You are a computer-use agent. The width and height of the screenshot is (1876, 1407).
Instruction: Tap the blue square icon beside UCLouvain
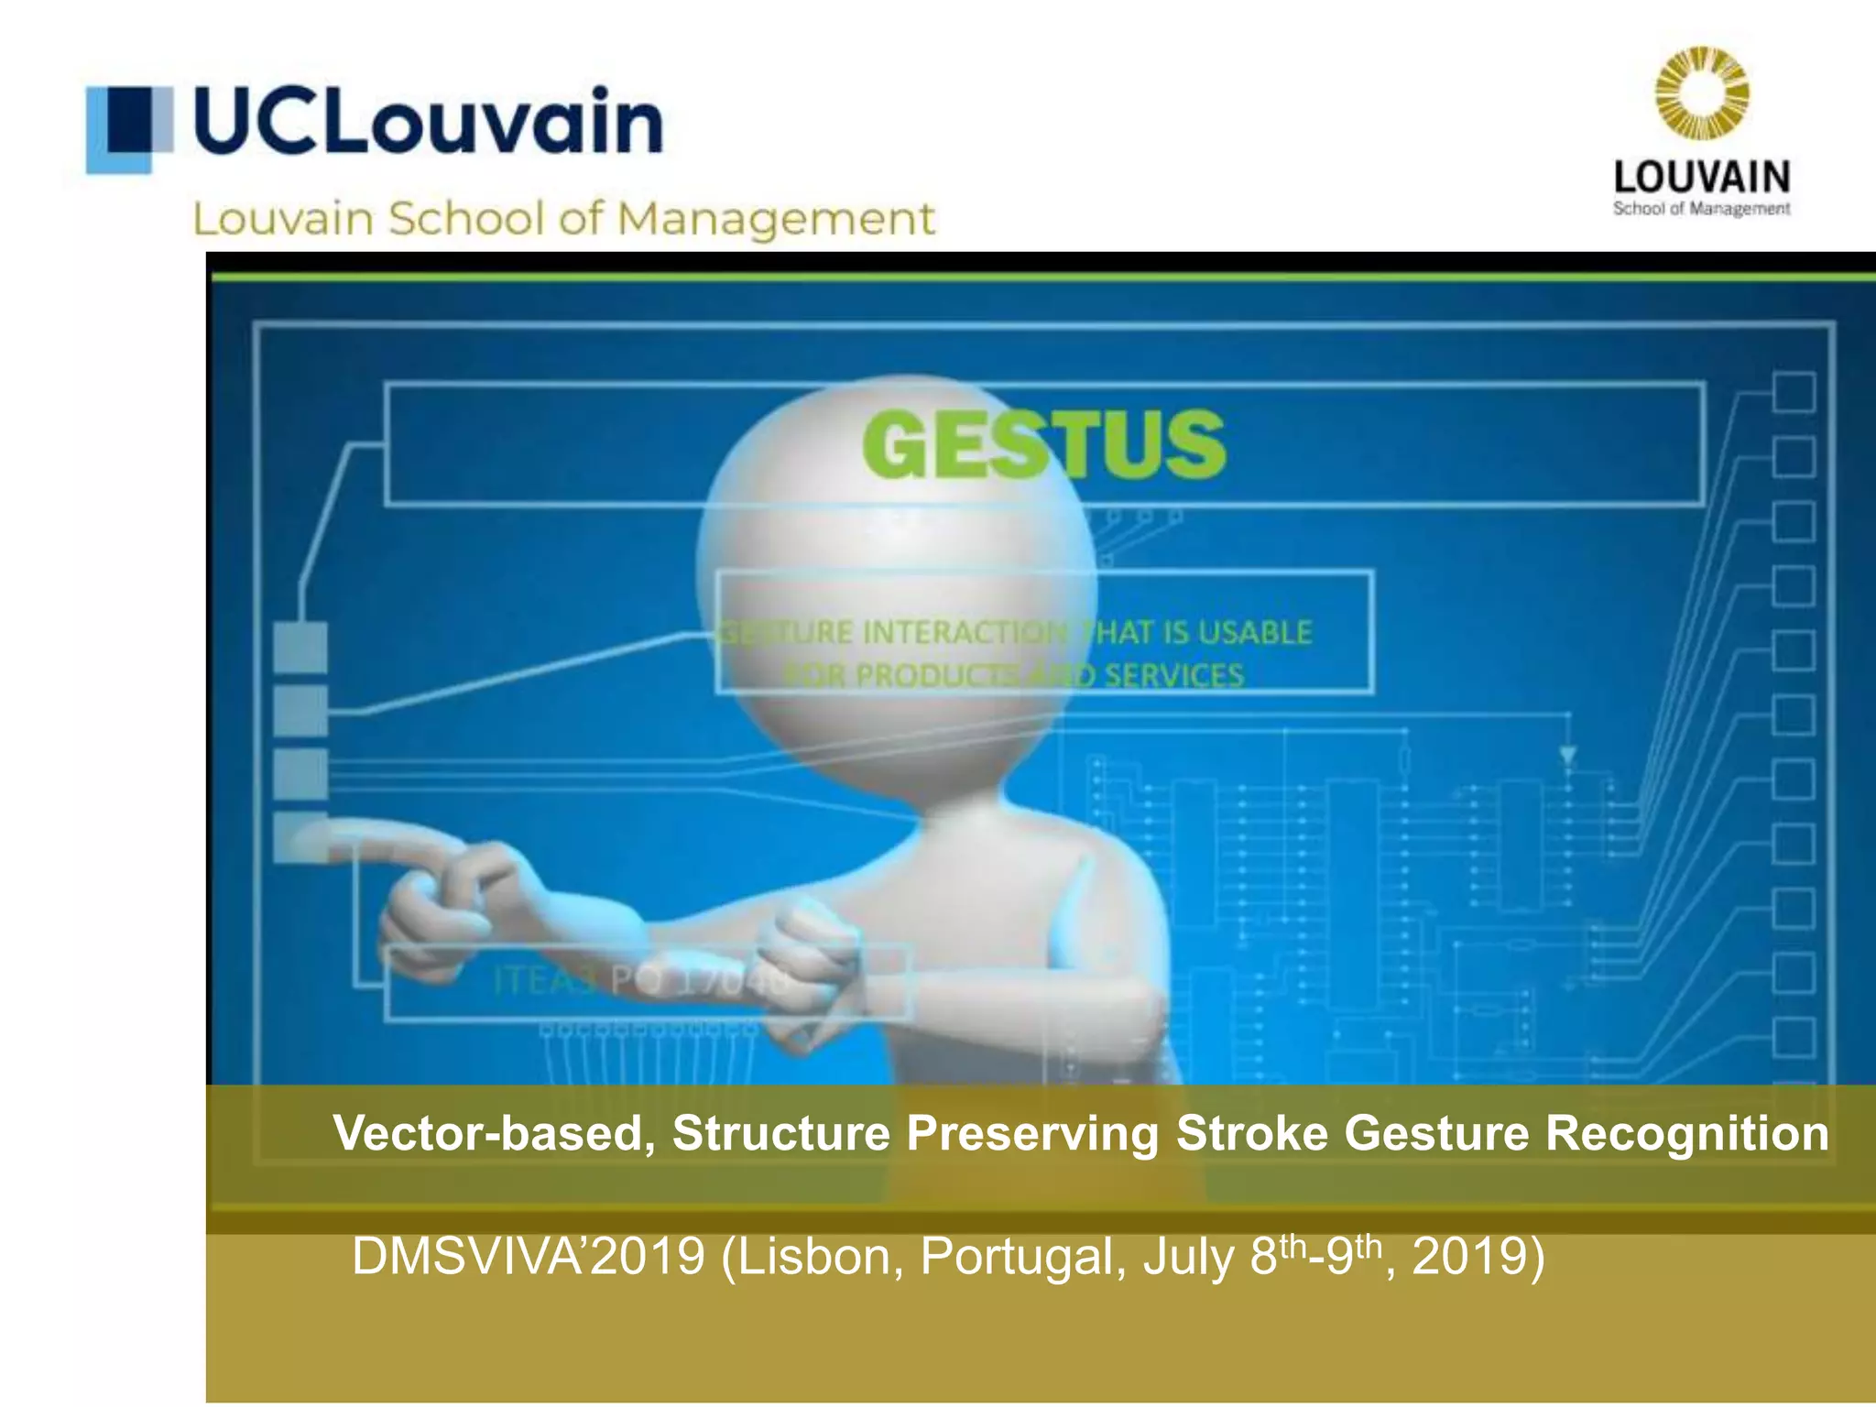click(129, 128)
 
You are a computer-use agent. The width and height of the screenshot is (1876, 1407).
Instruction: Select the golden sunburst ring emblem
click(1701, 94)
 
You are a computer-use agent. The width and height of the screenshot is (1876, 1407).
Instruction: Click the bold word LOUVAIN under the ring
click(1701, 177)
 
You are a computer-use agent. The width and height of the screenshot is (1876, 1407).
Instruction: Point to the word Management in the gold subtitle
click(775, 220)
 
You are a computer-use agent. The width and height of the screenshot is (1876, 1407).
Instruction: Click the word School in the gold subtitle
click(467, 220)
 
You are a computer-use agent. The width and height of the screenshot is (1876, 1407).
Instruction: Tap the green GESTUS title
click(1043, 444)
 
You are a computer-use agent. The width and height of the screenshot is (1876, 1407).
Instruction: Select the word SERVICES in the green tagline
click(1173, 676)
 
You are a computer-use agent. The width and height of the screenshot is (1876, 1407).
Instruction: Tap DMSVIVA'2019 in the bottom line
click(529, 1256)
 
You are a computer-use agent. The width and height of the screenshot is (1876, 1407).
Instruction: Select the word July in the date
click(1189, 1256)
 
